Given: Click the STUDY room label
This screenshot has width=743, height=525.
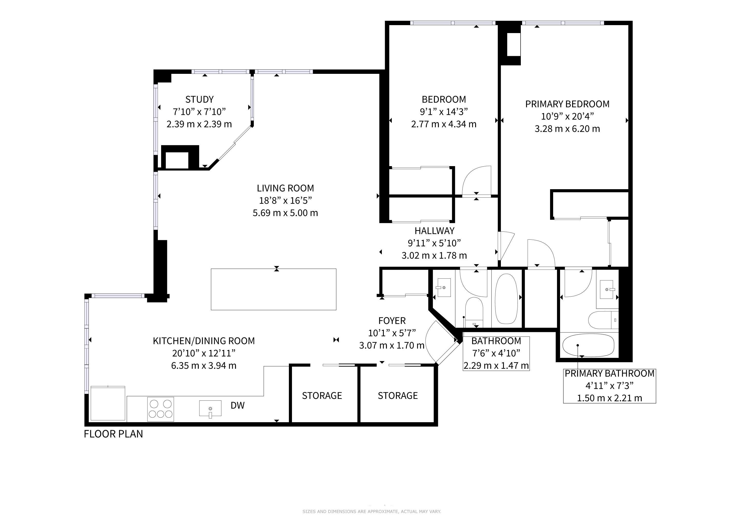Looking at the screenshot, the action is [199, 99].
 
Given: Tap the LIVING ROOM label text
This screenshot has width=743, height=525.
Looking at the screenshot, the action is [285, 188].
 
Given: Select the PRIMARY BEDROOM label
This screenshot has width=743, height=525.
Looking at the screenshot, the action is [567, 104].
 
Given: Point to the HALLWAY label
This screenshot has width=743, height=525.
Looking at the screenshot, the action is [434, 231].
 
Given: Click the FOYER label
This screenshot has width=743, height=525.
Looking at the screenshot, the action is [392, 321].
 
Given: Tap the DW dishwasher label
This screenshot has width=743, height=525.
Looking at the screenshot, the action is [238, 405].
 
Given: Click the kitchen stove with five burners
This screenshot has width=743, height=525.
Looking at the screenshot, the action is [161, 409].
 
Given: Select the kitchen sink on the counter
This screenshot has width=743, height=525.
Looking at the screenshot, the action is [210, 409].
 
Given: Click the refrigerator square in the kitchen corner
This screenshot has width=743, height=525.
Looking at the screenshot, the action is [108, 403].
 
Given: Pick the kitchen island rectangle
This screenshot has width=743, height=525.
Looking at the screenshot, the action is [273, 289].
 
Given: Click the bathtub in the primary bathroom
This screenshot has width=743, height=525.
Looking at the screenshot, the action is [588, 345].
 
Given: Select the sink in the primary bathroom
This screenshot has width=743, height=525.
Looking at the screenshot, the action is [607, 290].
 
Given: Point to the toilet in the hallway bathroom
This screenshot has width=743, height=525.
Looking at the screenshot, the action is [474, 312].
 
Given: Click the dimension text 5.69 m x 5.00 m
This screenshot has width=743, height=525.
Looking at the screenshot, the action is [285, 213].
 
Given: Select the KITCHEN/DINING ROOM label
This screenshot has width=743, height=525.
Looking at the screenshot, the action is [204, 341].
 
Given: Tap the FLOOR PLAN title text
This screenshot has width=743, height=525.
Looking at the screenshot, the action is [113, 434].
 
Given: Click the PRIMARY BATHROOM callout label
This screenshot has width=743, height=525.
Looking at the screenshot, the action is [610, 373].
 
